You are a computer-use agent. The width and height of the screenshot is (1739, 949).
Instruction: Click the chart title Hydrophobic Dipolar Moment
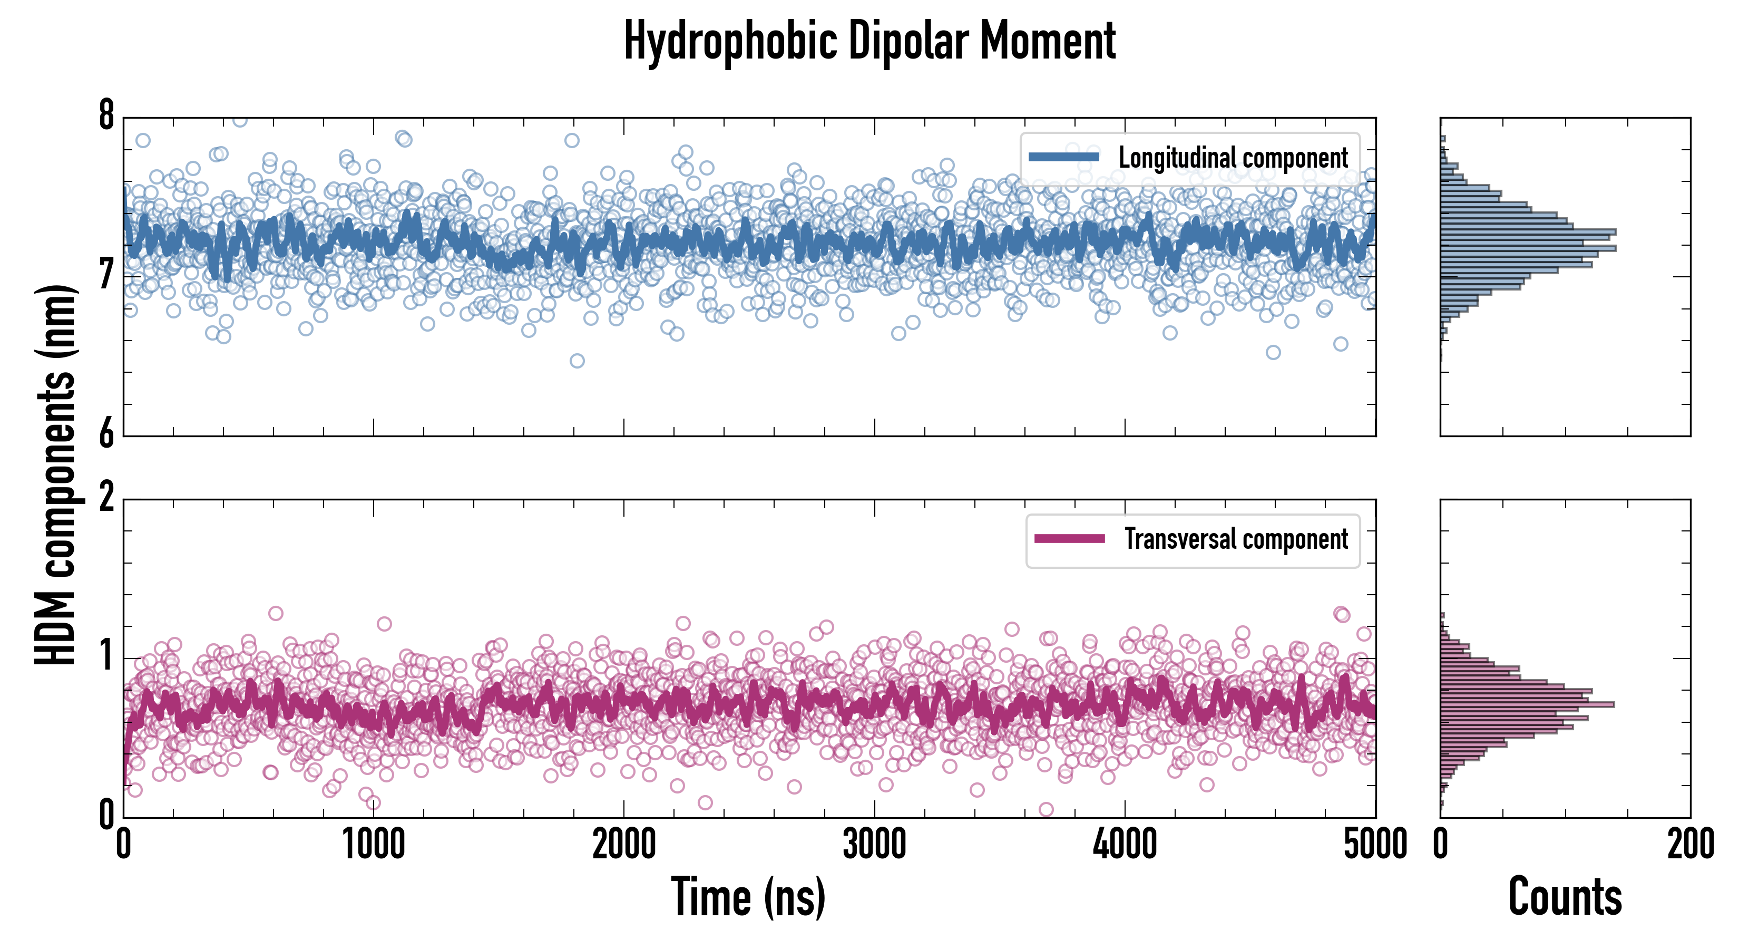pos(869,41)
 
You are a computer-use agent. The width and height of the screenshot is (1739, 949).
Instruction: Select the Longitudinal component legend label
pos(1233,158)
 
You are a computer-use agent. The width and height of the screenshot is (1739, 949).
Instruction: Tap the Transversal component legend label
pos(1235,539)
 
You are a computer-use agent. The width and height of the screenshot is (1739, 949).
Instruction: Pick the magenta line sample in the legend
pos(1069,539)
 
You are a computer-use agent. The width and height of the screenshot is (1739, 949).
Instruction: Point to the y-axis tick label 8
pos(106,115)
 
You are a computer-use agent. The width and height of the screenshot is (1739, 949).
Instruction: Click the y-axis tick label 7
pos(106,275)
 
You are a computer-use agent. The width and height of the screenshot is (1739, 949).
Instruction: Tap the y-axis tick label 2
pos(106,498)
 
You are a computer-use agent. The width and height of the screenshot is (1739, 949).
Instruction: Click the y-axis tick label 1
pos(106,656)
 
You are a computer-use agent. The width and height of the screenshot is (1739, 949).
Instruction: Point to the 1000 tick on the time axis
pos(373,844)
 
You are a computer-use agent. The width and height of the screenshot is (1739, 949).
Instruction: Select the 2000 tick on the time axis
pos(624,844)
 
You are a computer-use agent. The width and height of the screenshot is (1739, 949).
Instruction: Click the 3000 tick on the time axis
pos(874,844)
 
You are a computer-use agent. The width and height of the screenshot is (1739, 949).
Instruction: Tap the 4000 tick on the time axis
pos(1125,844)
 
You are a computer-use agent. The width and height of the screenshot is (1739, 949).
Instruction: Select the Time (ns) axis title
pos(748,897)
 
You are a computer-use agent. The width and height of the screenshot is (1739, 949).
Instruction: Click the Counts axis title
pos(1565,897)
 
